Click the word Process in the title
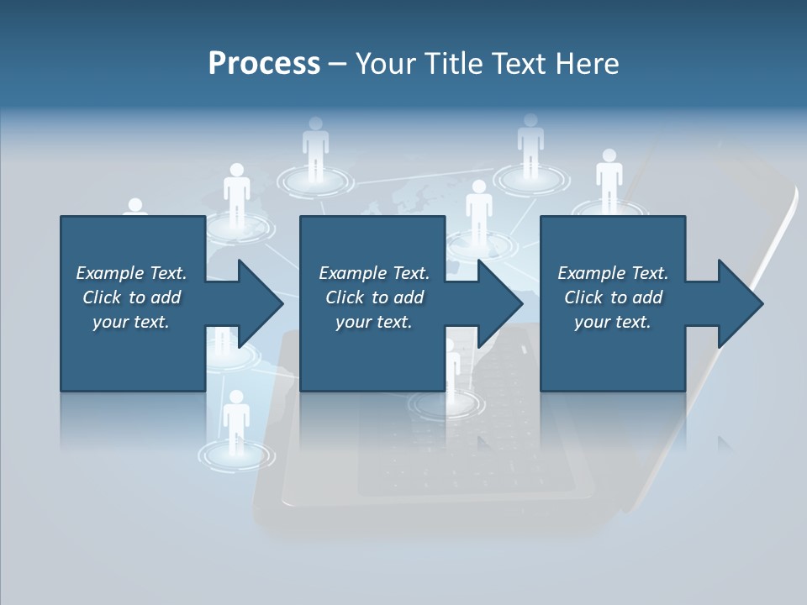pyautogui.click(x=264, y=64)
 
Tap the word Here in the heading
pyautogui.click(x=588, y=64)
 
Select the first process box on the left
pyautogui.click(x=133, y=353)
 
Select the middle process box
pyautogui.click(x=372, y=353)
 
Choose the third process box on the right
pyautogui.click(x=612, y=353)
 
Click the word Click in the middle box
pyautogui.click(x=345, y=297)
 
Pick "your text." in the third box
pyautogui.click(x=612, y=322)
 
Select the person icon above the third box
pyautogui.click(x=609, y=176)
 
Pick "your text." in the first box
pyautogui.click(x=131, y=322)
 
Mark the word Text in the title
pyautogui.click(x=520, y=64)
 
